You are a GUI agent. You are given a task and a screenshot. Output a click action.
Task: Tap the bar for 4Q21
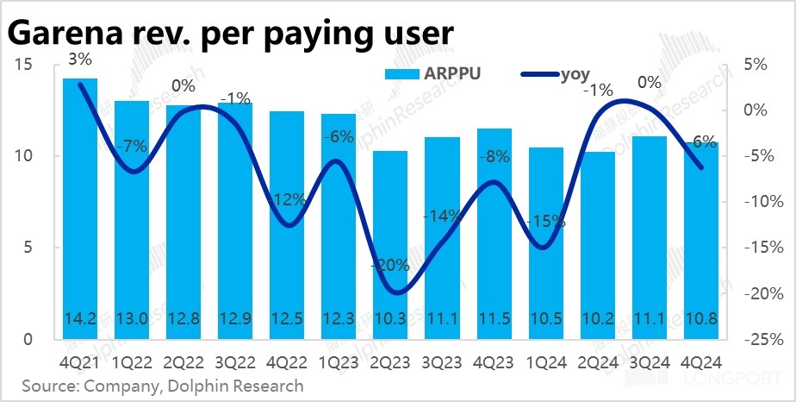point(80,207)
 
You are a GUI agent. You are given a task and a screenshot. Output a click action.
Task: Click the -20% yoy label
point(389,266)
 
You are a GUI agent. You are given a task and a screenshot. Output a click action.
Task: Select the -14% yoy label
point(441,217)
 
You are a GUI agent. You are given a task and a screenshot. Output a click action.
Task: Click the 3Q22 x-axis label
point(235,362)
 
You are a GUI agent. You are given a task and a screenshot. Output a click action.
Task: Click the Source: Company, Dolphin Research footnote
point(163,385)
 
